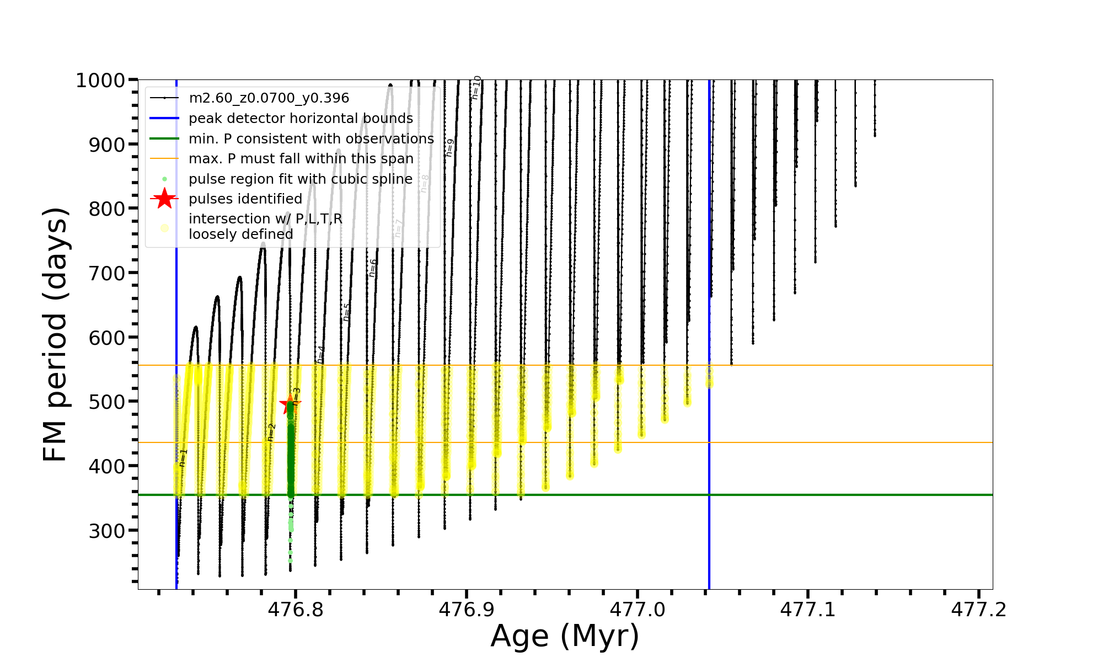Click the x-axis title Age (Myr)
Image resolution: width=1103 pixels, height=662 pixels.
tap(565, 636)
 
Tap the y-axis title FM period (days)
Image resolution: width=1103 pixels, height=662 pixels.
tap(55, 334)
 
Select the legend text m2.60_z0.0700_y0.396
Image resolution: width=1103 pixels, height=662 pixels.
tap(269, 98)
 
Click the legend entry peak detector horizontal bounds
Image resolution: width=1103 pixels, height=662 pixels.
tap(301, 119)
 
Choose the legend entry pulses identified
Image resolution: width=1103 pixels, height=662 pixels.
tap(245, 199)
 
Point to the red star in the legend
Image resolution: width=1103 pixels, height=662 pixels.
tap(164, 199)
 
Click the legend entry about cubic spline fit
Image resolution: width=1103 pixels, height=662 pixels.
tap(300, 179)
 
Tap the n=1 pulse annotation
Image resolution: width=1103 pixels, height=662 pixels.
tap(183, 458)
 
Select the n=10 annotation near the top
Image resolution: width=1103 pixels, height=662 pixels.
tap(476, 88)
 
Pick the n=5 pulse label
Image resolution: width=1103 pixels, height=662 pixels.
tap(346, 312)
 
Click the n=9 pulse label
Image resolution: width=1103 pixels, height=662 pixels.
tap(450, 148)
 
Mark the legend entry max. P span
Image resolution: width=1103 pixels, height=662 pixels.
tap(301, 159)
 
